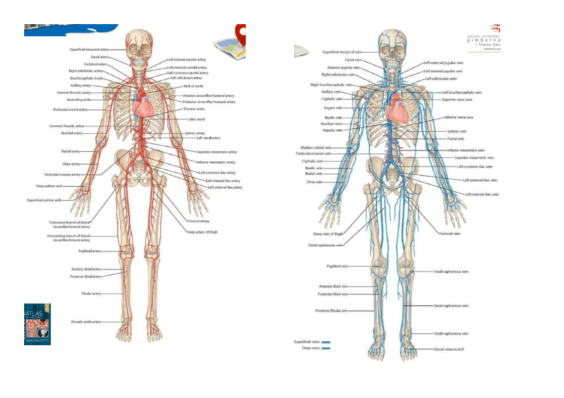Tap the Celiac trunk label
196,120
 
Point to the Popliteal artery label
90,251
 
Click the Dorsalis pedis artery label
86,322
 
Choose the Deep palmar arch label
50,186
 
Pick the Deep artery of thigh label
203,232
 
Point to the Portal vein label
456,139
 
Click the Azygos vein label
333,108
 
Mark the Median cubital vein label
316,148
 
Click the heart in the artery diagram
144,104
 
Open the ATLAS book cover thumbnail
37,324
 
